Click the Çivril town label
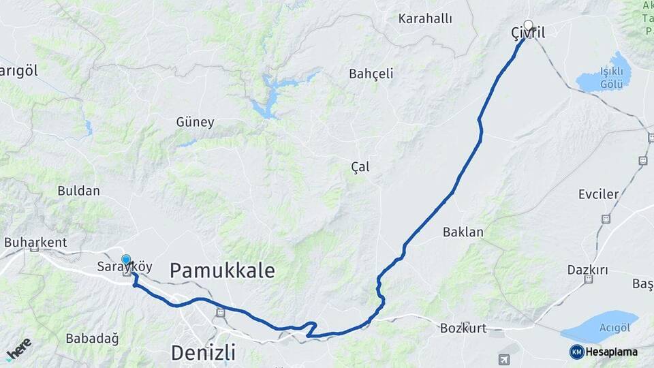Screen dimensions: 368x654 pos(528,33)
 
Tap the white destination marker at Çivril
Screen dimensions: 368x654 pos(528,25)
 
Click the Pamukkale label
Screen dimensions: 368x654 pos(222,271)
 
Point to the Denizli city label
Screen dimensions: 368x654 pos(203,352)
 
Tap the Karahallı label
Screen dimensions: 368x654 pos(425,18)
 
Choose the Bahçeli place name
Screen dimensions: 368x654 pos(371,74)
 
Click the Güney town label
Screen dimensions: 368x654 pos(195,123)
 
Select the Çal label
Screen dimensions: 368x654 pos(360,166)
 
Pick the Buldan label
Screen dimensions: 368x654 pos(78,191)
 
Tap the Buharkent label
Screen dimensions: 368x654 pos(35,242)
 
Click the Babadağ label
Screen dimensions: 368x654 pos(92,338)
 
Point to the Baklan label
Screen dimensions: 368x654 pos(463,232)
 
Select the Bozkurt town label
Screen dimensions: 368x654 pos(463,328)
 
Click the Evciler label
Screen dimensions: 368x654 pos(598,194)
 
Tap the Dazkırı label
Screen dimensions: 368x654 pos(587,270)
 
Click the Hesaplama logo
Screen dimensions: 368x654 pos(604,352)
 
